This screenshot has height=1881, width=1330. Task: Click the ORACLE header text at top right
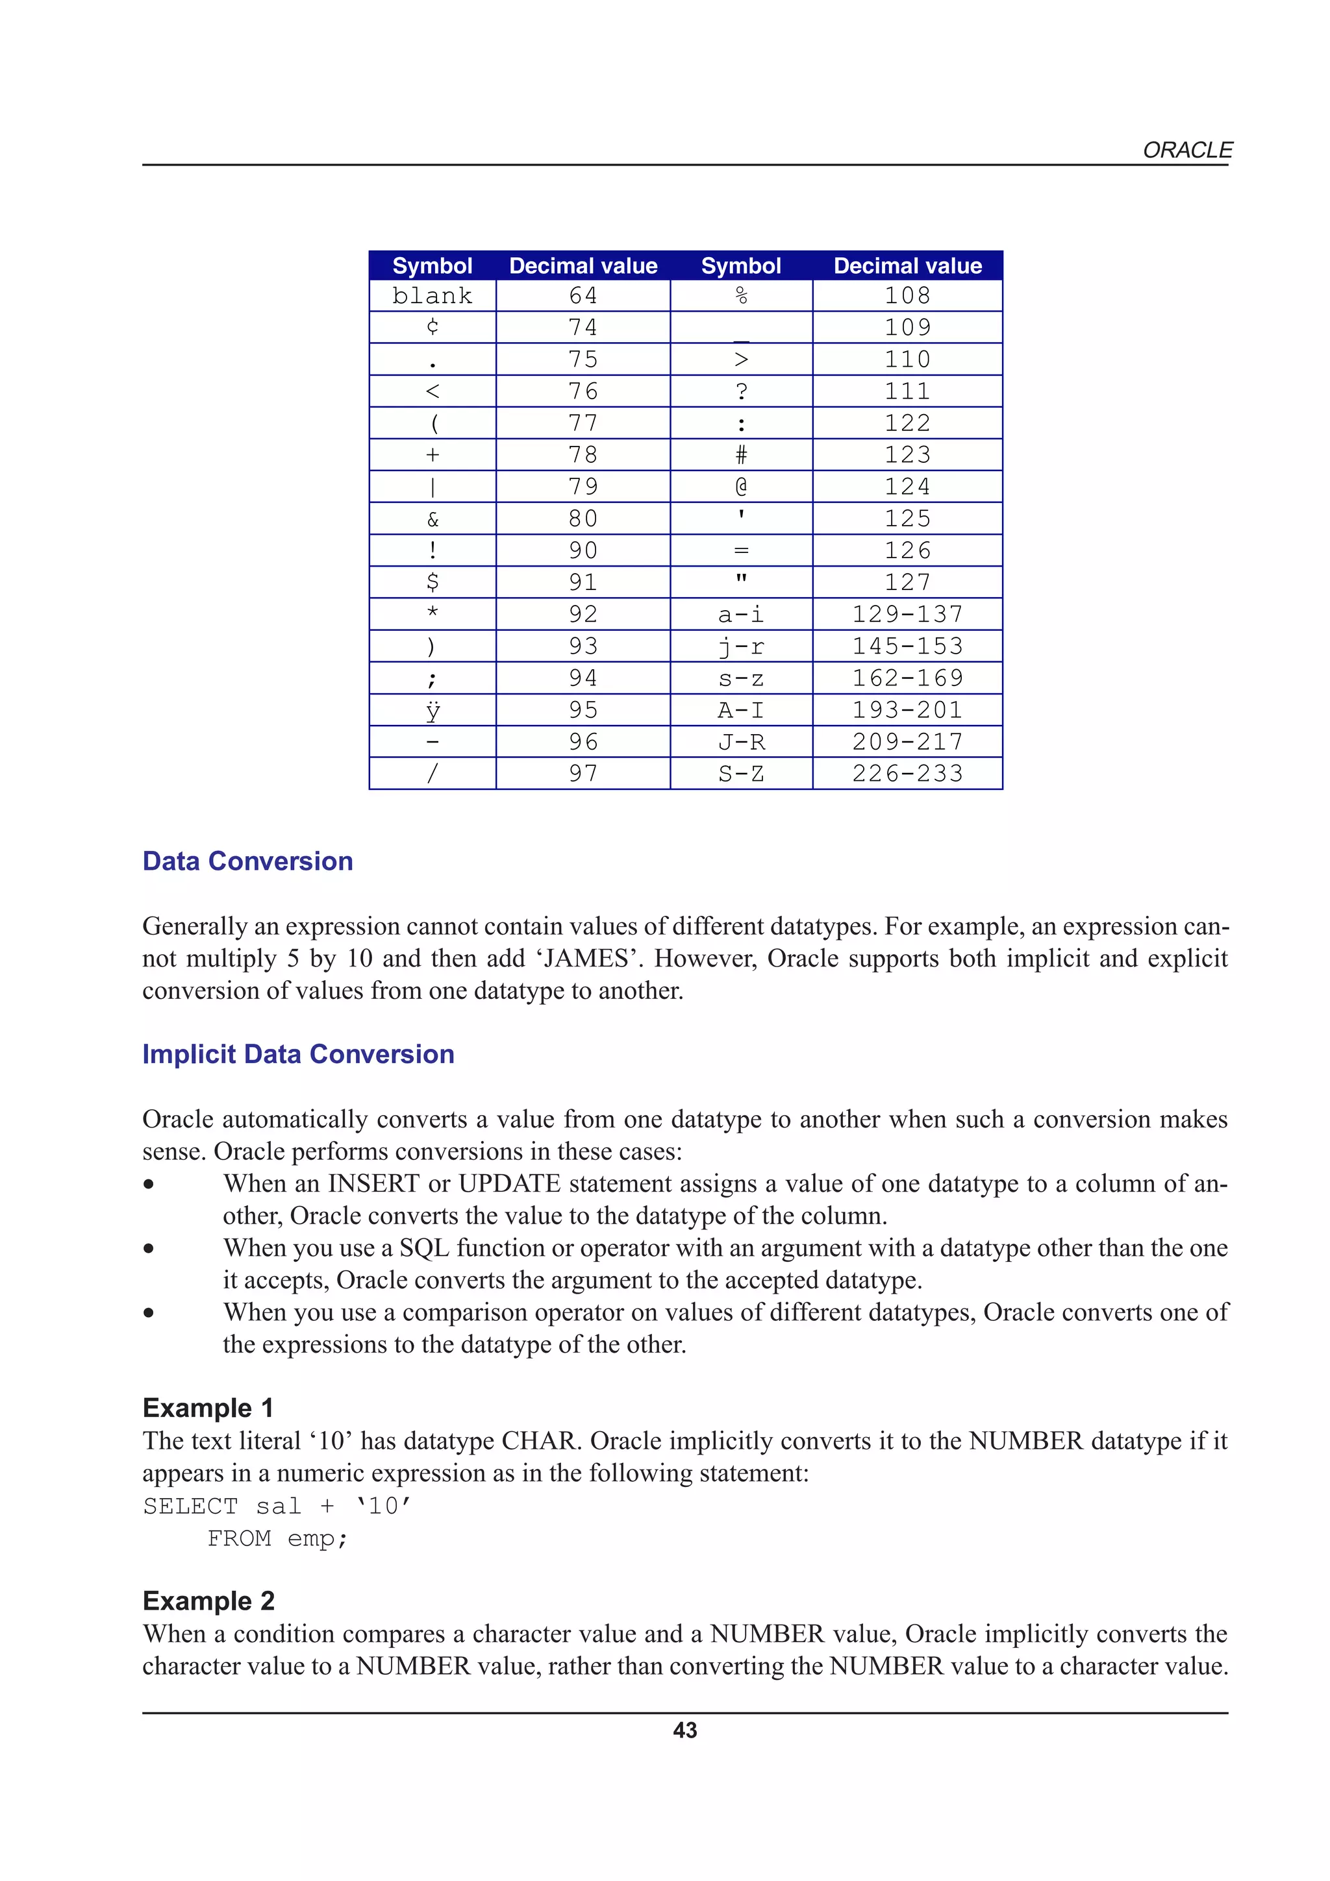coord(1186,150)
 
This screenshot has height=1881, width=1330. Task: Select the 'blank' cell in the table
coord(432,296)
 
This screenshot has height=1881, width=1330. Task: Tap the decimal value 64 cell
coord(583,296)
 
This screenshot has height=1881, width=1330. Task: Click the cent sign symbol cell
coord(432,327)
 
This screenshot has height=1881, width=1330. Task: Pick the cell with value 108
coord(907,296)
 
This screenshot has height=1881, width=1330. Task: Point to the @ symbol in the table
coord(741,487)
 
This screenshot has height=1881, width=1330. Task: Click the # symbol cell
coord(741,455)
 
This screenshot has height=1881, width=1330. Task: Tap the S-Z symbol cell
coord(741,774)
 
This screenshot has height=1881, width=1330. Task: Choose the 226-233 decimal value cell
coord(907,774)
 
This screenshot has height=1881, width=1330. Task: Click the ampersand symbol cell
coord(432,519)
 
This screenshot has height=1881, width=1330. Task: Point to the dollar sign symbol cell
coord(432,582)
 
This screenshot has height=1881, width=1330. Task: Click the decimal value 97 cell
coord(583,774)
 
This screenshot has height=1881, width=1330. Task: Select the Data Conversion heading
coord(247,861)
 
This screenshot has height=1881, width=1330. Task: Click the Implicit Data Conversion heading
coord(298,1053)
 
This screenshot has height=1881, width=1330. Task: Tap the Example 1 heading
coord(208,1407)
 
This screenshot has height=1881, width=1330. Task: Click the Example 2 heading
coord(209,1600)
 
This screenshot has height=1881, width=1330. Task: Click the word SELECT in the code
coord(190,1506)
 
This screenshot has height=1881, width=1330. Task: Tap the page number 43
coord(684,1729)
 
